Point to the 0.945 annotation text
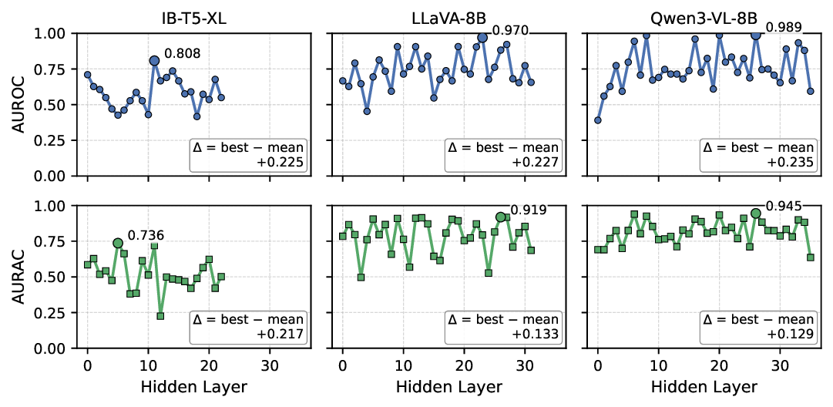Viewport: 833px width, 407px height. (781, 206)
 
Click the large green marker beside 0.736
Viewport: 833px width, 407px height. (118, 243)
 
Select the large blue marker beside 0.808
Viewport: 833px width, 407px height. (154, 60)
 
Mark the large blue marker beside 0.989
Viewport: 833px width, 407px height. (756, 35)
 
